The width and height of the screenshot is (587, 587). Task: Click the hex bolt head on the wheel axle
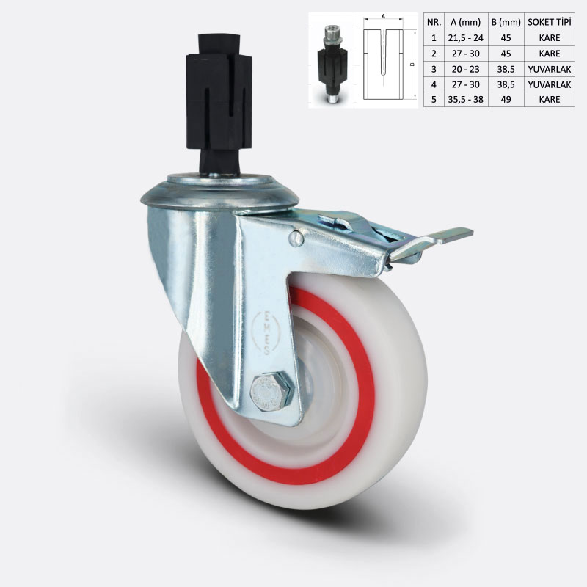(270, 392)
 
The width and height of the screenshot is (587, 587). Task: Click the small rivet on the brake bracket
(296, 238)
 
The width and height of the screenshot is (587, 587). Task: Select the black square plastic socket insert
(219, 104)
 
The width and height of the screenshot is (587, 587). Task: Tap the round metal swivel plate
(219, 192)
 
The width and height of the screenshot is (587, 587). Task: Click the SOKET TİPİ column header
(550, 23)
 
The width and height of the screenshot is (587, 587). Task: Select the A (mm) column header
(466, 23)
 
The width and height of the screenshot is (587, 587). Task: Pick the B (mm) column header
(506, 23)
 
